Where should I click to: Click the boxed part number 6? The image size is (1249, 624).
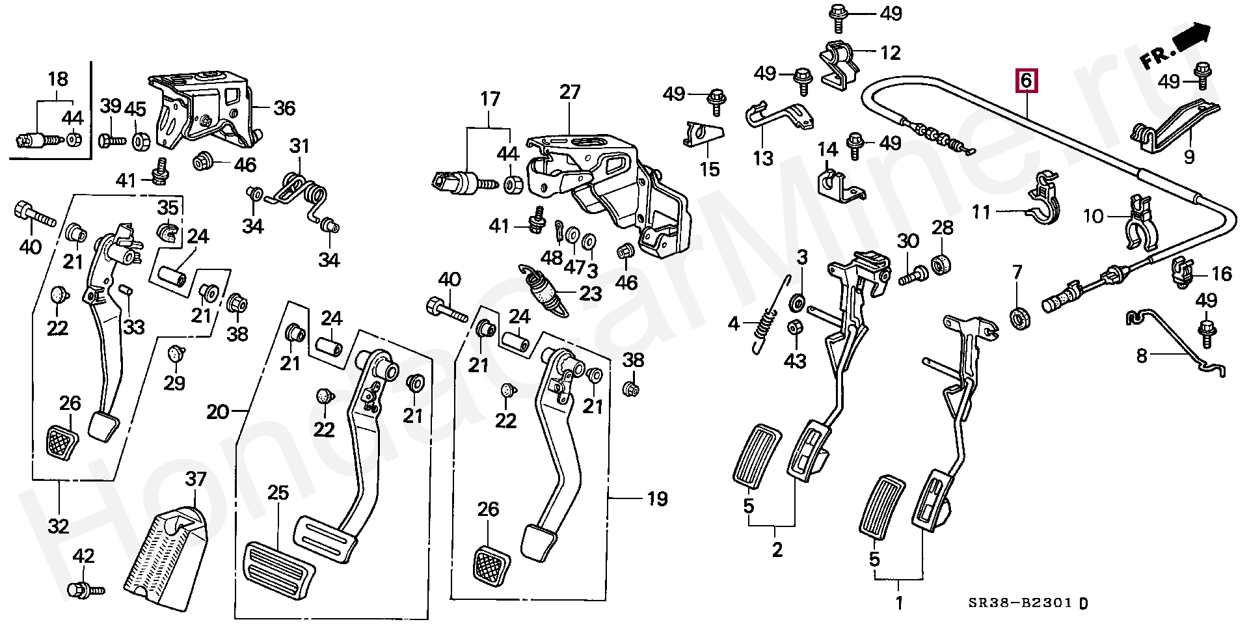[x=1026, y=81]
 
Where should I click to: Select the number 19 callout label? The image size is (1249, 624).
[x=657, y=499]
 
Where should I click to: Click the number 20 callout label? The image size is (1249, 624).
[x=218, y=412]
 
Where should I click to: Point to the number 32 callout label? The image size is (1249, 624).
[x=59, y=525]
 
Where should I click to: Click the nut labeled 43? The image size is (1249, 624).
[x=794, y=327]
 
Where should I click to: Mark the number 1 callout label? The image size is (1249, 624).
[x=899, y=603]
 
